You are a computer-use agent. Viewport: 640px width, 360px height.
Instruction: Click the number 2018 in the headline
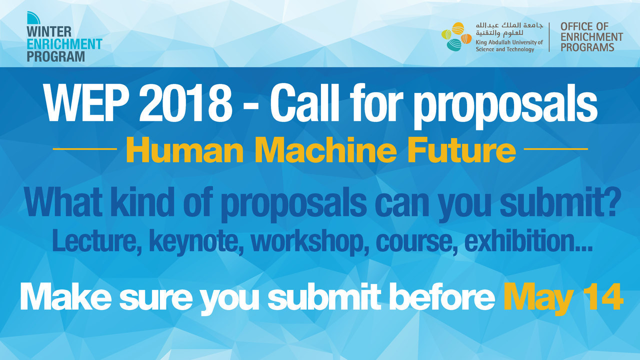tap(185, 103)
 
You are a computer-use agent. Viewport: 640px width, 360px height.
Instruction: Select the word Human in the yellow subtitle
tap(185, 150)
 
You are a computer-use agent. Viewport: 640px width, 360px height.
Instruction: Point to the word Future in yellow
tap(461, 150)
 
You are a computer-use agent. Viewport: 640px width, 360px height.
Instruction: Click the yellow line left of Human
tap(85, 149)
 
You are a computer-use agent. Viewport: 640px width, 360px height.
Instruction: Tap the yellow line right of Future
tap(555, 149)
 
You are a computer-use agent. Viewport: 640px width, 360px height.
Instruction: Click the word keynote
tap(196, 241)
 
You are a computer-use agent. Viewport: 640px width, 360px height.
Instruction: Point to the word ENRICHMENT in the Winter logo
tap(64, 44)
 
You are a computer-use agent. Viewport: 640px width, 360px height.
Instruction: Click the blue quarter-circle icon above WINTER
tap(33, 17)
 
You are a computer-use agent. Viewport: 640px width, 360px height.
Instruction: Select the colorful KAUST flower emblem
tap(456, 36)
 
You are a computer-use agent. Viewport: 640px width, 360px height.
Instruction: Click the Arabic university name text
tap(509, 29)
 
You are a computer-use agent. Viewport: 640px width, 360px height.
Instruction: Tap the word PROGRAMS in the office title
tap(587, 47)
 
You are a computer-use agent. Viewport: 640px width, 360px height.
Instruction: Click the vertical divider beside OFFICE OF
tap(549, 37)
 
